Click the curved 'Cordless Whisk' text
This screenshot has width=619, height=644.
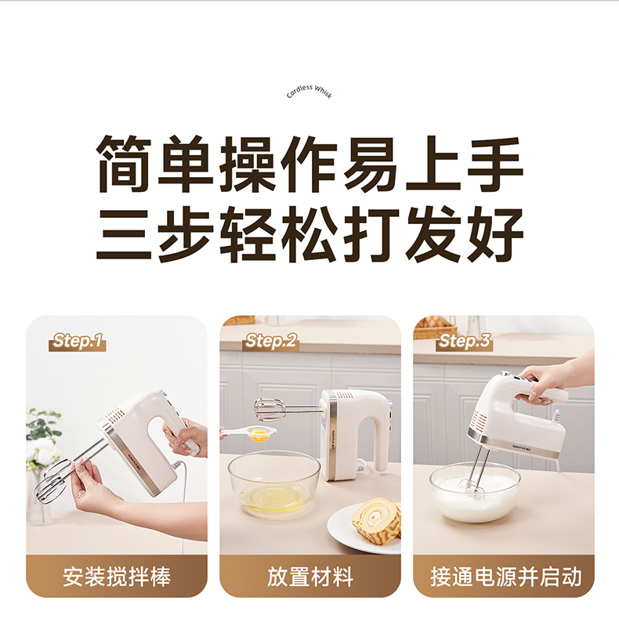coord(309,90)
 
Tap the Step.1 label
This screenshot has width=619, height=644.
coord(78,342)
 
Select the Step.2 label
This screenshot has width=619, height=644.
coord(270,342)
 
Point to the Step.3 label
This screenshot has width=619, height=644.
coord(464,342)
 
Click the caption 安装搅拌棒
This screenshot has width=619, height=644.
coord(117,577)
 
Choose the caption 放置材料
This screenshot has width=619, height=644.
coord(310,577)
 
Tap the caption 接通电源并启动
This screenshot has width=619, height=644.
coord(505,577)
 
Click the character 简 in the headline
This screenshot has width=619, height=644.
coord(123,164)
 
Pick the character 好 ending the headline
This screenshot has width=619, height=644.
coord(495,234)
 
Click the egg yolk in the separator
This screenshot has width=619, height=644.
coord(259,433)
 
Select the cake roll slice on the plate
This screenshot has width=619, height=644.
coord(375,520)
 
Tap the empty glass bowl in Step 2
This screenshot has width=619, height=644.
coord(274,482)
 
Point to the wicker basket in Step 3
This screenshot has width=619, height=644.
coord(435,327)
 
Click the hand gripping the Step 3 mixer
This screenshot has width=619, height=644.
coord(542,384)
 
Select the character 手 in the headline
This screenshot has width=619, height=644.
coord(495,164)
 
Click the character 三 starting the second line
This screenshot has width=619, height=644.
coord(123,234)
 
